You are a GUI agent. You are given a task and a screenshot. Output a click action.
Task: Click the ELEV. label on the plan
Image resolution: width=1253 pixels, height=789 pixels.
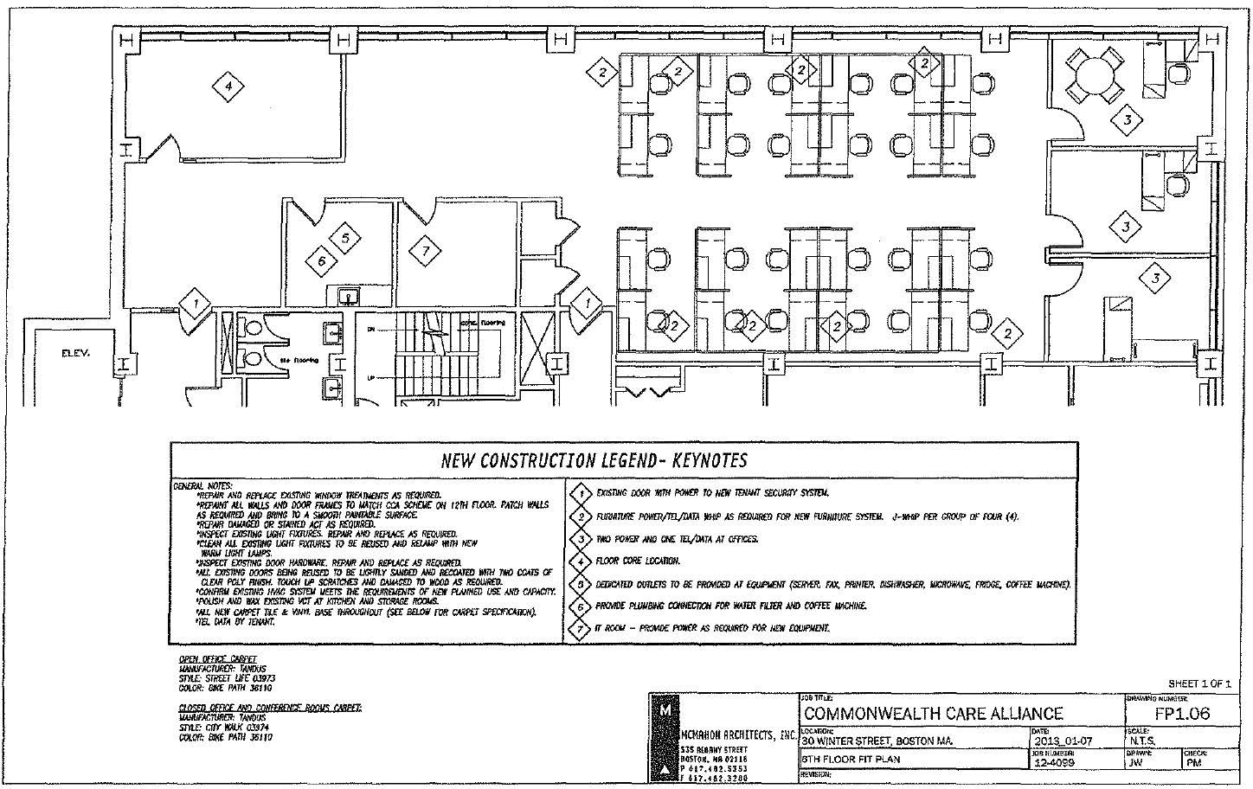click(x=76, y=353)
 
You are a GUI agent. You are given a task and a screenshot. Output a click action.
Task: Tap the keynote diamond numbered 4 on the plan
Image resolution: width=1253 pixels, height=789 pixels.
click(x=228, y=86)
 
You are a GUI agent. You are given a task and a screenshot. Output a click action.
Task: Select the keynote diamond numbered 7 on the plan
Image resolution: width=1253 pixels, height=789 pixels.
click(x=425, y=252)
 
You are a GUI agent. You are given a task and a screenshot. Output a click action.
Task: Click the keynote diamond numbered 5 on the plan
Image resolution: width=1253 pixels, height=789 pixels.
click(x=344, y=237)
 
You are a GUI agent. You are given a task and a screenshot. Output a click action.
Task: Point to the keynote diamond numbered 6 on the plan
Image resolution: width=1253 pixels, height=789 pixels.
click(x=321, y=260)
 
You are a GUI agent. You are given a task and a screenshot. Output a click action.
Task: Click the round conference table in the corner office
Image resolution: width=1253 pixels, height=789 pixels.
click(x=1094, y=74)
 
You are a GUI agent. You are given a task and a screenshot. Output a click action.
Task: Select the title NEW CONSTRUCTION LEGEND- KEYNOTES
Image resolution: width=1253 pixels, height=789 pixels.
click(x=594, y=460)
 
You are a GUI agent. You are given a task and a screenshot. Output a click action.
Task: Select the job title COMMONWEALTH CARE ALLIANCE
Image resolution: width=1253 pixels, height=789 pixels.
click(x=934, y=714)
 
